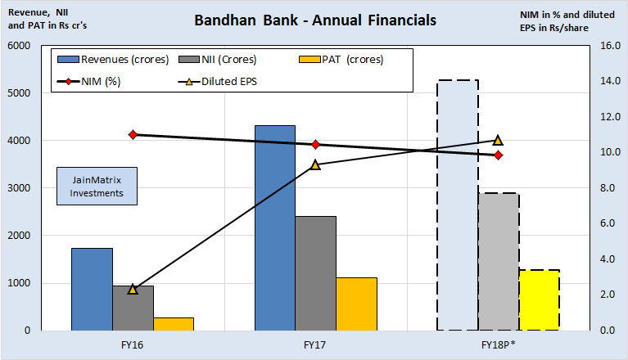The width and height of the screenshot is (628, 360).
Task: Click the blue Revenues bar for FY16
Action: coord(91,289)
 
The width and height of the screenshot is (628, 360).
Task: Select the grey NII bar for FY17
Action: coord(315,273)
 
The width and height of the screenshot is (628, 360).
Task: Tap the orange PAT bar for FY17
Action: coord(356,304)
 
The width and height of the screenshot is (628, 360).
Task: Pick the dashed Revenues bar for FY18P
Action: coord(457,205)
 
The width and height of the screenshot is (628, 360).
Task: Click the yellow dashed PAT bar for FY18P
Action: coord(539,299)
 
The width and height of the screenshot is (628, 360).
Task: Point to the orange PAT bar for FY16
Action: coord(173,323)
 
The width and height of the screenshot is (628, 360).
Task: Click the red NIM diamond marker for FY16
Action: coord(132,134)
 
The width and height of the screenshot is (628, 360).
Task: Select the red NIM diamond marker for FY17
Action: coord(315,144)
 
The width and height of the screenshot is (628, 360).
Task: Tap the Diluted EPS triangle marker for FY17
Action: coord(315,164)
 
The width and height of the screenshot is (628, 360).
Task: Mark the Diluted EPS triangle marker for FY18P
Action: coord(498,140)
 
